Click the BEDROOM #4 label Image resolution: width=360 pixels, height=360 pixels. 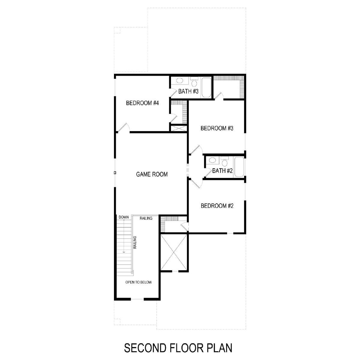point(142,103)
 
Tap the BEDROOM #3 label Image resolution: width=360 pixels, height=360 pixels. point(217,128)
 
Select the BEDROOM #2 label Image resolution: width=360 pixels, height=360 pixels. point(217,206)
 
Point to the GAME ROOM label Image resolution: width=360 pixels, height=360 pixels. point(152,174)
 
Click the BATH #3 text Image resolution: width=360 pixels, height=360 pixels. point(188,91)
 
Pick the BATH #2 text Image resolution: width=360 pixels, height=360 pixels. point(222,171)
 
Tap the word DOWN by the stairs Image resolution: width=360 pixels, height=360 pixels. point(124,217)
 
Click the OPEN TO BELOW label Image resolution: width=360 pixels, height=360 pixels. point(138,282)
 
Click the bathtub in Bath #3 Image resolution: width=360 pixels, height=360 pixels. point(206,87)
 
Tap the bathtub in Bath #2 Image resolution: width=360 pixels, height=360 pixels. point(239,167)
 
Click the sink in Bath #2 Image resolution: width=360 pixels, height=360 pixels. point(212,160)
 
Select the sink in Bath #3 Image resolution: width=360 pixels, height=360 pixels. point(179,80)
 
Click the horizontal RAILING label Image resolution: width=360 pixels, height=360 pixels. point(146,218)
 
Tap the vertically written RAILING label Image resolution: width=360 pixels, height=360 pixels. point(135,242)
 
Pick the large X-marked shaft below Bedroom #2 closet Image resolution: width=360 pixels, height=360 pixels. point(174,252)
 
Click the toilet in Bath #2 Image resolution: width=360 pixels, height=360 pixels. point(224,161)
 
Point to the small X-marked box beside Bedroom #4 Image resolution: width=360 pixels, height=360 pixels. point(179,128)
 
